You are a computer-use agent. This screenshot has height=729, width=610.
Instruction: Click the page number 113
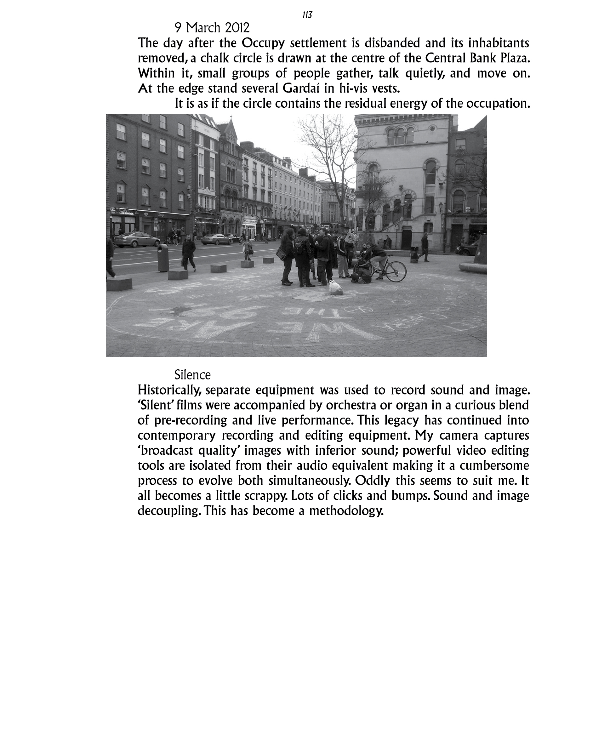307,15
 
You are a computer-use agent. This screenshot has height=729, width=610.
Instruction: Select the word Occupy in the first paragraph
263,43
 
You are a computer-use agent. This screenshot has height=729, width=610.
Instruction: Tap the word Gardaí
301,88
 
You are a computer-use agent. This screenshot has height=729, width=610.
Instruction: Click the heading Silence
192,375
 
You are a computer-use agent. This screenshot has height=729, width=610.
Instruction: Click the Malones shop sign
126,213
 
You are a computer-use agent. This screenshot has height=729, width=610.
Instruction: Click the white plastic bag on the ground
336,288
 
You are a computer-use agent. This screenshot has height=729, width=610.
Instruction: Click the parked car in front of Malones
136,239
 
